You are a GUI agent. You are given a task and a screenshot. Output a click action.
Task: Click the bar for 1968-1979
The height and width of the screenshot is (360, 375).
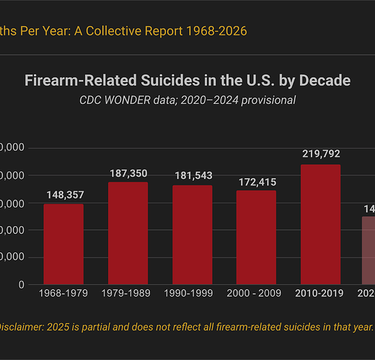pyautogui.click(x=63, y=244)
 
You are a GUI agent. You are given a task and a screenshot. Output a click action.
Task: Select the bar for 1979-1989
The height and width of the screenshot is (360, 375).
pyautogui.click(x=128, y=233)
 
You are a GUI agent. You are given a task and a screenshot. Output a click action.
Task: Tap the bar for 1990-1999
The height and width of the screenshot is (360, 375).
pyautogui.click(x=192, y=234)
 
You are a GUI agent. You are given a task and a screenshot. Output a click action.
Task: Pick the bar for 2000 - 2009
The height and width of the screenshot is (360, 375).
pyautogui.click(x=256, y=237)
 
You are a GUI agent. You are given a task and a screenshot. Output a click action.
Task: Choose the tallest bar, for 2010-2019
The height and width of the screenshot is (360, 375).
pyautogui.click(x=320, y=224)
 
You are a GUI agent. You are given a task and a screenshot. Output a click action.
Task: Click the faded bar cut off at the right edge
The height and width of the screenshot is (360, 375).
pyautogui.click(x=368, y=250)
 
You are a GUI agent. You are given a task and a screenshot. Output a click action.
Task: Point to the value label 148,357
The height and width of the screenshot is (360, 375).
pyautogui.click(x=63, y=195)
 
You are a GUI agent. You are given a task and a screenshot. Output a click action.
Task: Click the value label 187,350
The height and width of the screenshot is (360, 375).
pyautogui.click(x=128, y=173)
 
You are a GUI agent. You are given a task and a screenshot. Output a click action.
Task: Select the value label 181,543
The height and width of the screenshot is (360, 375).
pyautogui.click(x=192, y=177)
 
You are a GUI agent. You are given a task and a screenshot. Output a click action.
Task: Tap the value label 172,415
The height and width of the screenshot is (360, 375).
pyautogui.click(x=256, y=182)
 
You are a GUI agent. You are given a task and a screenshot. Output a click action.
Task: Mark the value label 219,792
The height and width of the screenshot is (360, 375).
pyautogui.click(x=320, y=154)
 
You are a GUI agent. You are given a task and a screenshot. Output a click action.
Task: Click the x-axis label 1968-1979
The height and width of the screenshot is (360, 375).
pyautogui.click(x=63, y=294)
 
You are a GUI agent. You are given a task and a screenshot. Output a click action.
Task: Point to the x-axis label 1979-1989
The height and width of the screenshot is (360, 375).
pyautogui.click(x=128, y=294)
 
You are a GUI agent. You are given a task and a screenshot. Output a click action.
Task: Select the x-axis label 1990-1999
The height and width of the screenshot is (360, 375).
pyautogui.click(x=192, y=294)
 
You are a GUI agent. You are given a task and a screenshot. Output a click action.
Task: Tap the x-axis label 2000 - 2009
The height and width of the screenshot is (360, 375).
pyautogui.click(x=256, y=294)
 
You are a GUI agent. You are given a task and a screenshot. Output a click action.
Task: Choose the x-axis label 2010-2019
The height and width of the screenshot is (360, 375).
pyautogui.click(x=320, y=294)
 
